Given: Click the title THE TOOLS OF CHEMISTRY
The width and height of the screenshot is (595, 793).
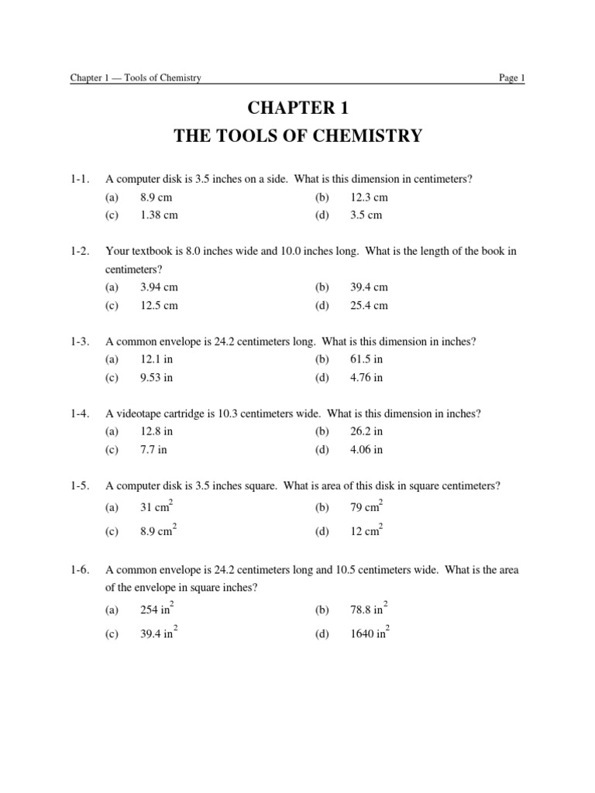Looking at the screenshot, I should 298,136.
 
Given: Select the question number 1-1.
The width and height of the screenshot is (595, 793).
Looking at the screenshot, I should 79,180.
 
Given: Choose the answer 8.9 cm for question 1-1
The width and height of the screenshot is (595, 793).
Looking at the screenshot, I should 156,197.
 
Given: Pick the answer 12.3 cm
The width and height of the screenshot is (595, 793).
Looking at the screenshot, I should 369,197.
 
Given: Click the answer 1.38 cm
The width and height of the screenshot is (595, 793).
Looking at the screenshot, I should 158,215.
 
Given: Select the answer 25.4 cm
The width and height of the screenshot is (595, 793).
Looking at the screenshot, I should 369,305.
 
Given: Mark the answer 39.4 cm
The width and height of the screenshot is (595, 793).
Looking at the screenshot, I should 369,287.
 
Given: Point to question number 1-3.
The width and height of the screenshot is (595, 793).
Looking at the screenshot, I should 79,342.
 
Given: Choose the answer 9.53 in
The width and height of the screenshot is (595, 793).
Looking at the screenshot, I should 156,378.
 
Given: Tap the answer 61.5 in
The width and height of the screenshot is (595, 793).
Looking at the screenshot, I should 366,359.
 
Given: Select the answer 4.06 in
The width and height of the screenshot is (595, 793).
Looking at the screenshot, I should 366,449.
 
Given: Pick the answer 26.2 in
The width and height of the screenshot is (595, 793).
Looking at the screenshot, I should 366,431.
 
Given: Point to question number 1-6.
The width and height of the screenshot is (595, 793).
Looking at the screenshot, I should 79,570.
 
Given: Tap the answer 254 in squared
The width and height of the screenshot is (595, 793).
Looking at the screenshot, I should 159,609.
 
